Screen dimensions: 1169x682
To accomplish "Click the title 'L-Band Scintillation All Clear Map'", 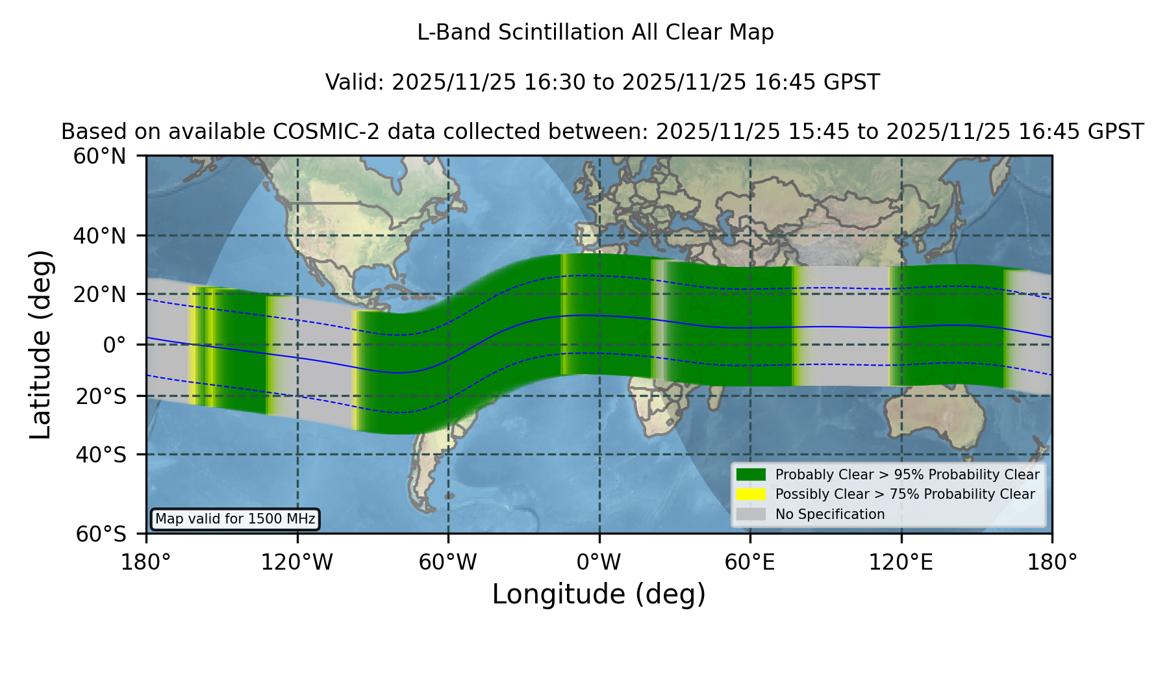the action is pos(596,32).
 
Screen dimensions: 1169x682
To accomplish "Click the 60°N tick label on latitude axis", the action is pos(100,157).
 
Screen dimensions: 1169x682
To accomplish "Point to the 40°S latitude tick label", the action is pos(101,455).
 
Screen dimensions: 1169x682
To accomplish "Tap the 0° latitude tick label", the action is pos(115,345).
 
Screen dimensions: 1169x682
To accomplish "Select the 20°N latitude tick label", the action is pos(100,294).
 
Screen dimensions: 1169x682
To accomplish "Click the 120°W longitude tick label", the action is pos(297,562).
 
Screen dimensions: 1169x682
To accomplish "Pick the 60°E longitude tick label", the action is pos(750,562).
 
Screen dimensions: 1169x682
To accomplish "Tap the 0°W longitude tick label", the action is pos(599,562).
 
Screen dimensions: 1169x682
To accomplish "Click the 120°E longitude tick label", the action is pos(901,562).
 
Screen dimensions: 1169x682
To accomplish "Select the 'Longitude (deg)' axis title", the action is pos(599,595).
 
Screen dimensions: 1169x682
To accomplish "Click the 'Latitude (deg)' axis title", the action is pos(41,344).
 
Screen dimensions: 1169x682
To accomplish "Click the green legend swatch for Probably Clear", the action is pos(751,475).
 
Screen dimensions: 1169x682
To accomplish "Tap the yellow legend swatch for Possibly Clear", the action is pos(751,494).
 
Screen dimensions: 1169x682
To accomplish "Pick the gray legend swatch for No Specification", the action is pos(751,514).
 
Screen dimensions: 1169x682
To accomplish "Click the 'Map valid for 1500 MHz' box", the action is pos(235,519).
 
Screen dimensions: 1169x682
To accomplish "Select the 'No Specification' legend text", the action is pos(830,514).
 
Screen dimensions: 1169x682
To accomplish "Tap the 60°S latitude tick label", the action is pos(101,534).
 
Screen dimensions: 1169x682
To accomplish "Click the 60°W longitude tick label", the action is pos(448,562).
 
